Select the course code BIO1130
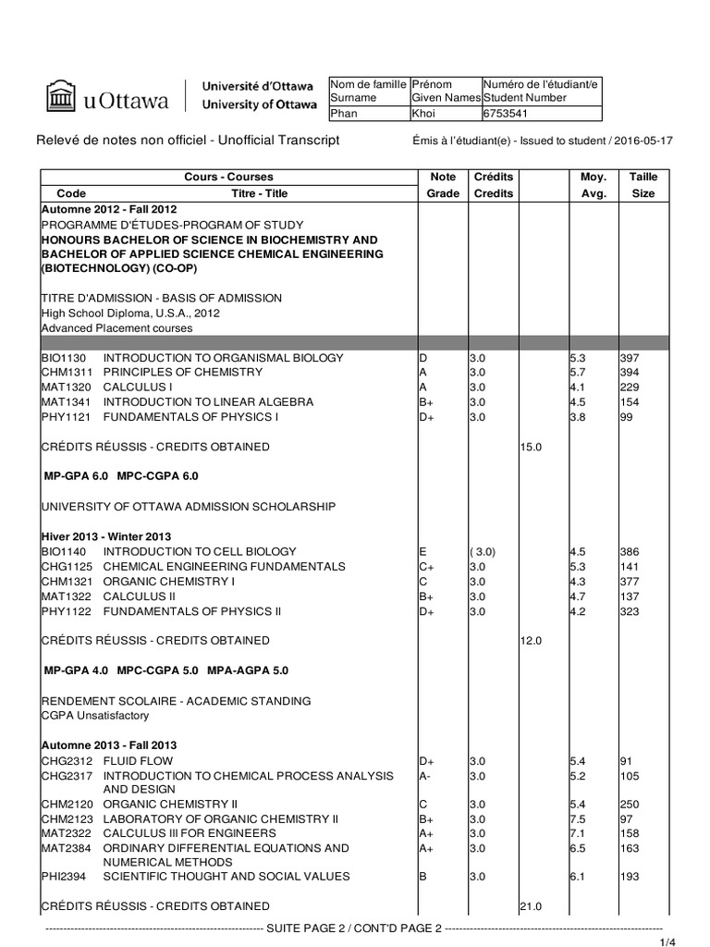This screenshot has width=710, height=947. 63,358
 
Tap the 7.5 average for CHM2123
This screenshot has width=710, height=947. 577,819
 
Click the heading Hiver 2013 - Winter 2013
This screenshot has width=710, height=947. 106,537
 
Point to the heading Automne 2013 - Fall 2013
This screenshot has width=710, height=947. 109,745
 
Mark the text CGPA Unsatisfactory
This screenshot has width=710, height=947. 94,716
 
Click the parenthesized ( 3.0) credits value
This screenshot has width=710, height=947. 483,552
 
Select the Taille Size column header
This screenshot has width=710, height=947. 643,185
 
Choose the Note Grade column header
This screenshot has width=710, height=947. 443,185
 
